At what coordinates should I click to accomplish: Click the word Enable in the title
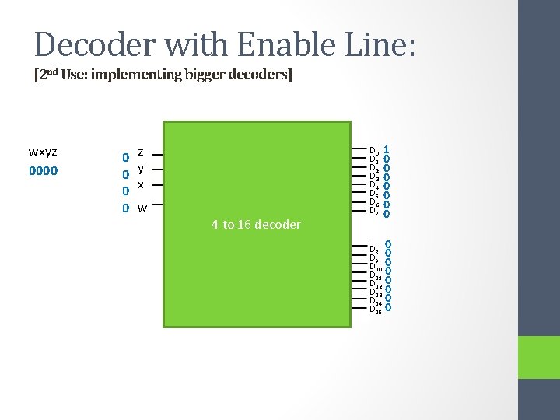pos(276,44)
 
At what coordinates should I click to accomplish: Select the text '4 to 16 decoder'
pos(256,225)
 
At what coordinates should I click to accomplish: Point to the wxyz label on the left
pos(42,152)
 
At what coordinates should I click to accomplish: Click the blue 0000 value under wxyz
pos(42,170)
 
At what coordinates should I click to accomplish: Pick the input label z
pos(140,152)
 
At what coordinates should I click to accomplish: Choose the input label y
pos(140,169)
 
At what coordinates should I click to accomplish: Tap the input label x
pos(140,185)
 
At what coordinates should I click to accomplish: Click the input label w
pos(142,208)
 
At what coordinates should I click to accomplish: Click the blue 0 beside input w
pos(124,208)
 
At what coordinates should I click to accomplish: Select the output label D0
pos(374,150)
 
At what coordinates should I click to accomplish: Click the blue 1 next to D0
pos(387,149)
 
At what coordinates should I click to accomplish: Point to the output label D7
pos(374,211)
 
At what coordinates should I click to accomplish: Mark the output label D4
pos(374,185)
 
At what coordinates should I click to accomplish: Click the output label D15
pos(376,310)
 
